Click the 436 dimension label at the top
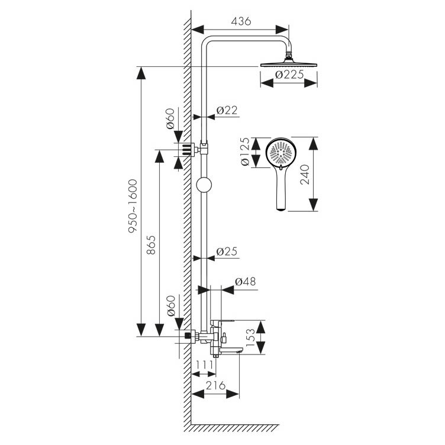tap(241, 21)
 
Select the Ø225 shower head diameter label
tap(289, 75)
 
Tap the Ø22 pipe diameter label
tap(227, 110)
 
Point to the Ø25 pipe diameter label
tap(227, 251)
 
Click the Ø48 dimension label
tap(245, 282)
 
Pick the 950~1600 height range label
tap(133, 206)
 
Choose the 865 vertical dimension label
tap(151, 244)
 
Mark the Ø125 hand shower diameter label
tap(244, 151)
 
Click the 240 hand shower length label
tap(305, 175)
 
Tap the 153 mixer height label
tap(250, 337)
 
